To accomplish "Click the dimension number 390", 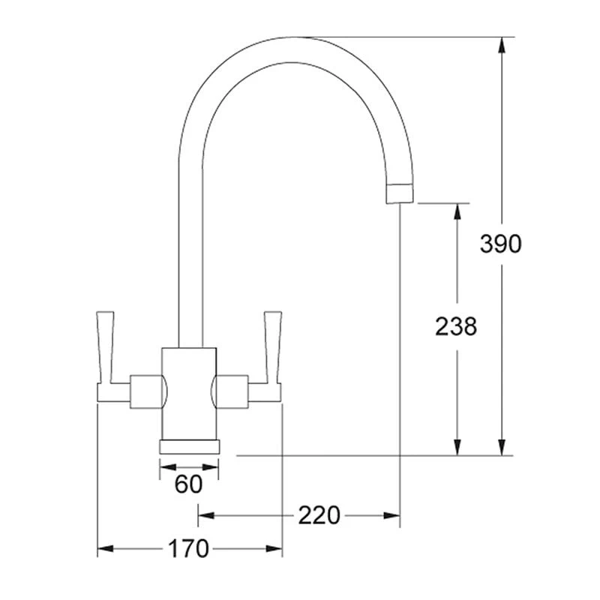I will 500,244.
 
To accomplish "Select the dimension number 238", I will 456,326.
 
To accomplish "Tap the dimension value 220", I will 319,515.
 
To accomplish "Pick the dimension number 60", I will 188,484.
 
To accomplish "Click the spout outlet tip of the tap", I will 399,193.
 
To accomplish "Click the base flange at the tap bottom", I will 190,446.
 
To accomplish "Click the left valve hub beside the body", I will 146,391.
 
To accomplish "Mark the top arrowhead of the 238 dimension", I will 456,211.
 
